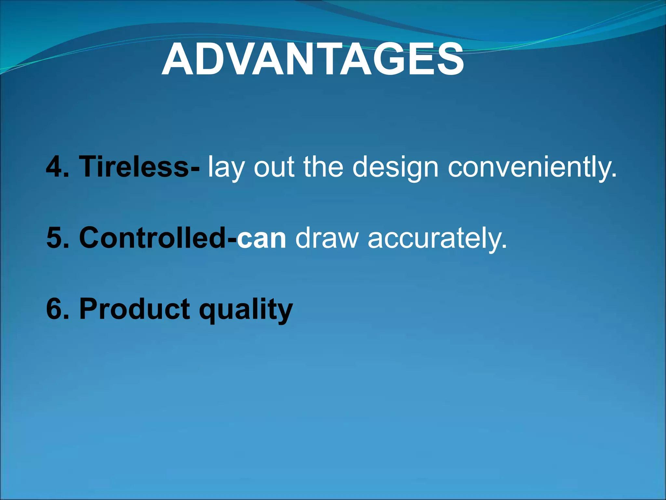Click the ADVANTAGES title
[x=313, y=60]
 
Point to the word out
[x=274, y=167]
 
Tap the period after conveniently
[x=613, y=176]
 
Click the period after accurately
[x=504, y=247]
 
